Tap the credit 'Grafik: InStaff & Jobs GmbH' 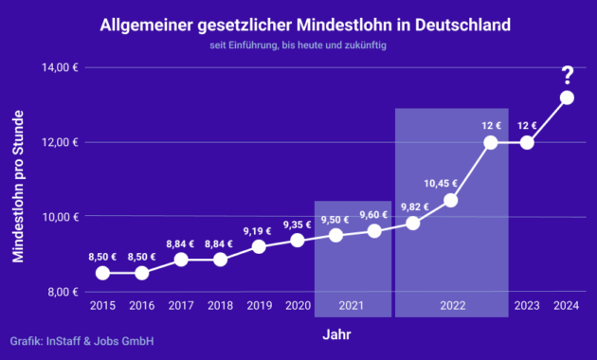tap(81, 341)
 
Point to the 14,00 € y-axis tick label tap(60, 68)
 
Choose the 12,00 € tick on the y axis tap(60, 143)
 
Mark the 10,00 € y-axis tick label tap(60, 217)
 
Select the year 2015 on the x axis tap(102, 305)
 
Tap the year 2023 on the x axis tap(527, 305)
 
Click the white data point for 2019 tap(259, 246)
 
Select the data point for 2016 tap(141, 273)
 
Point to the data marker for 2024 tap(567, 98)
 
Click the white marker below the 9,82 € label tap(412, 224)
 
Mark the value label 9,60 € tap(373, 214)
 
